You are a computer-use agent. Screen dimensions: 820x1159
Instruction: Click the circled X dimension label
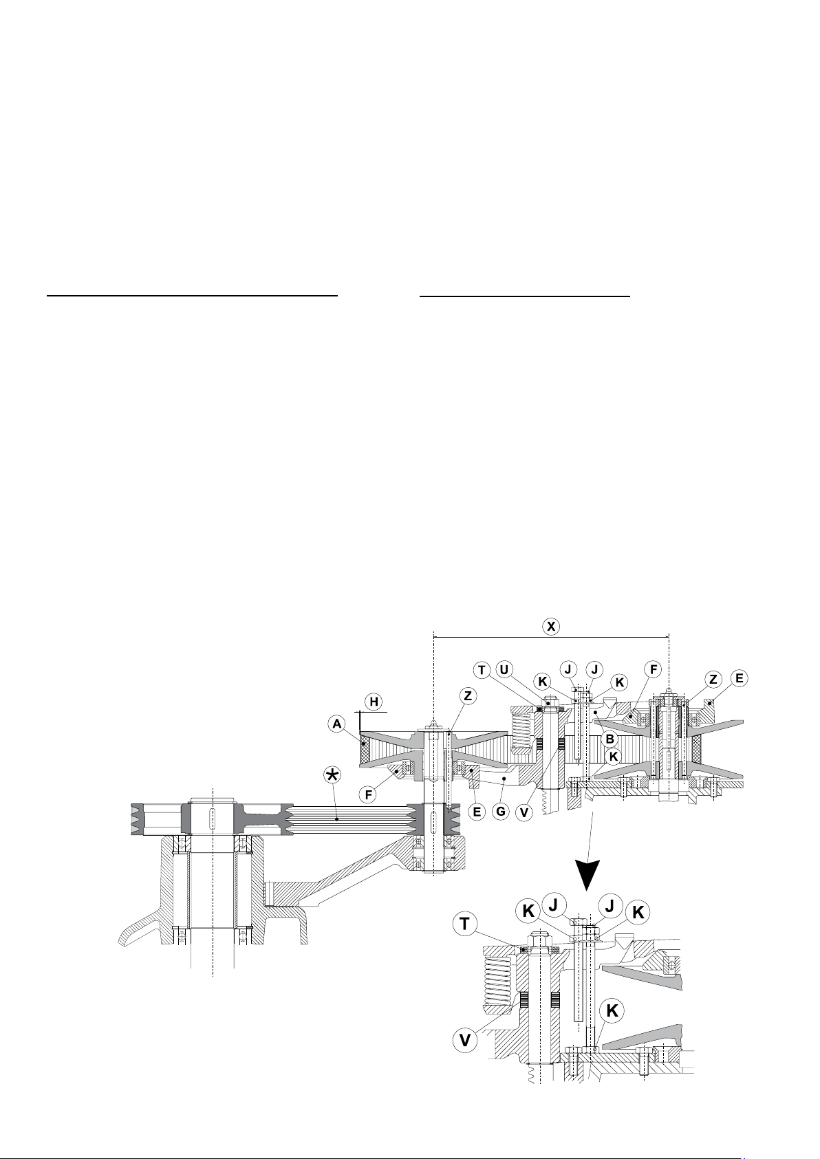552,627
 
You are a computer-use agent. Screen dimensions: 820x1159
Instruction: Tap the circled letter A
337,725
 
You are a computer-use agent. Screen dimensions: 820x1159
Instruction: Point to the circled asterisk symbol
332,775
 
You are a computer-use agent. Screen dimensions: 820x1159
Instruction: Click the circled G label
500,812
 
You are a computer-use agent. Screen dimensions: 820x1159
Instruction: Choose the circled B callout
610,739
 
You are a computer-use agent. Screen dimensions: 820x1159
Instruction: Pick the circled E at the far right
740,678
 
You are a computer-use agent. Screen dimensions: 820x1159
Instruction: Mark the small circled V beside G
524,812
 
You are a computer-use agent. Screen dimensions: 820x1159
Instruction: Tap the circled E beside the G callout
477,812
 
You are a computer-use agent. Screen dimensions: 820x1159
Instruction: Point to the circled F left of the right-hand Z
654,669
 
